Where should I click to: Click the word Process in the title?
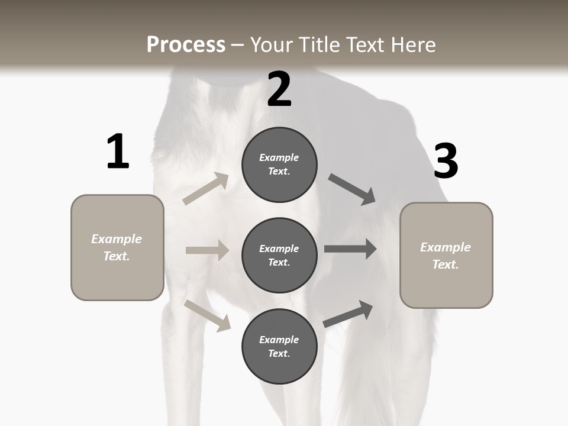[186, 45]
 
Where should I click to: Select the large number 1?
[118, 152]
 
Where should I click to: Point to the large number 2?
[279, 89]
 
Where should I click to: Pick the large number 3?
[446, 162]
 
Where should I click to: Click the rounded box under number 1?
[117, 247]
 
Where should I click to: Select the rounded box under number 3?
[446, 256]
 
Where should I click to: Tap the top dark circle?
[279, 164]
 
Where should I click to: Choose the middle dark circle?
[279, 256]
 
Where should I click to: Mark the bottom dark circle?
[279, 346]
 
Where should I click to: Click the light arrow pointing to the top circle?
[206, 189]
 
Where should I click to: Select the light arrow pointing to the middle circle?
[207, 250]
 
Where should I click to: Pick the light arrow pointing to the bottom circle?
[208, 315]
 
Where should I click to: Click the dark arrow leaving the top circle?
[351, 189]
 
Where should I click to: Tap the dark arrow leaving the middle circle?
[350, 249]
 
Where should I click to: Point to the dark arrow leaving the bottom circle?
[348, 314]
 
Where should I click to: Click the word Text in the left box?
[117, 256]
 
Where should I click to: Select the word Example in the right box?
[446, 247]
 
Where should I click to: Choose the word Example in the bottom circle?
[279, 340]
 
